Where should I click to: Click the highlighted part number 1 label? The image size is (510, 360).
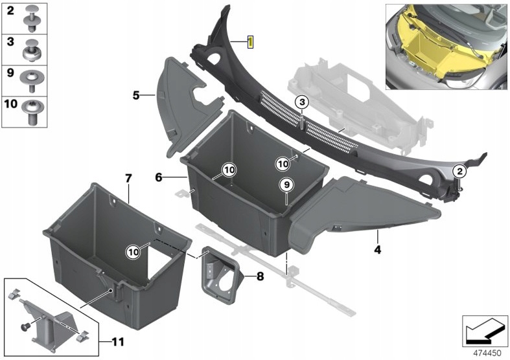click(x=250, y=42)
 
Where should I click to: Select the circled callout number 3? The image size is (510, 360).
click(x=302, y=103)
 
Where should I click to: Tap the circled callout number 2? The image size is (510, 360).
click(x=459, y=171)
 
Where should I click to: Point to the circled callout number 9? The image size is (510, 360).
click(x=286, y=185)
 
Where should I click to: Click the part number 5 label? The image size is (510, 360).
click(x=136, y=96)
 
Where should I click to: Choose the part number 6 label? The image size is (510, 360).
click(x=158, y=177)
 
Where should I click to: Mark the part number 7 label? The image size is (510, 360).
click(x=128, y=178)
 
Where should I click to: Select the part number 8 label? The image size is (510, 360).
click(x=261, y=276)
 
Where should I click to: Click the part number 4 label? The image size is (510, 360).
click(x=377, y=249)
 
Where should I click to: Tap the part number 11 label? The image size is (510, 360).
click(x=118, y=342)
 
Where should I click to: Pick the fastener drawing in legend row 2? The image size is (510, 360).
click(x=32, y=19)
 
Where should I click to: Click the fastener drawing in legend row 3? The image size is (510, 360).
click(x=32, y=51)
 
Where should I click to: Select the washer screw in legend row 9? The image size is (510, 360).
click(x=31, y=81)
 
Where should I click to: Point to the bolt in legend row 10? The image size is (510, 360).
click(x=31, y=112)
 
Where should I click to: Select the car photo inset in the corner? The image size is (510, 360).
click(x=446, y=47)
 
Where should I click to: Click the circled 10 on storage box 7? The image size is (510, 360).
click(x=133, y=252)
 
